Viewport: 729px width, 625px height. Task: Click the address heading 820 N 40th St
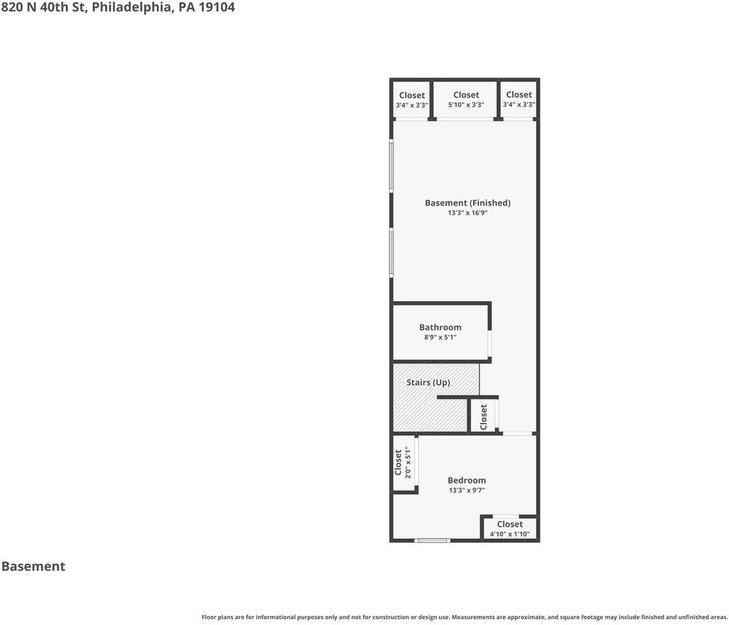(118, 8)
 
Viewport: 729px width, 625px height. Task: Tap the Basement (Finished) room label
(467, 203)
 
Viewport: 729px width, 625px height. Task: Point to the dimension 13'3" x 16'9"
(467, 213)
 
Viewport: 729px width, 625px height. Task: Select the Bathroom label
(440, 327)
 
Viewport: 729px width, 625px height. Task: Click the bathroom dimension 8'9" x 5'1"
(440, 337)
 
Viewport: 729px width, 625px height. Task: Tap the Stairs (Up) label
(428, 382)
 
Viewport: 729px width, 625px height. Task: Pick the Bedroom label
(466, 480)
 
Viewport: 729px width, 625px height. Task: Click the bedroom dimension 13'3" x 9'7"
(466, 490)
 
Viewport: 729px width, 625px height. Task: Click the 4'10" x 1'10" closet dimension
(509, 534)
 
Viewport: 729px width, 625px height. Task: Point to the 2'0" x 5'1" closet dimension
(408, 462)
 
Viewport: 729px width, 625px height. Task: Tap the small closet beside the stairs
(483, 417)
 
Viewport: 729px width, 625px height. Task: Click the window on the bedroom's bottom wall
(433, 540)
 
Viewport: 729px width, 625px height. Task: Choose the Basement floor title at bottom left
(33, 566)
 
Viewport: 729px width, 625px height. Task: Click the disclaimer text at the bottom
(464, 617)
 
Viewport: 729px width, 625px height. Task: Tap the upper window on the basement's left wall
(392, 166)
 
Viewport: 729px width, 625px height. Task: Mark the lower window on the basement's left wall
(392, 252)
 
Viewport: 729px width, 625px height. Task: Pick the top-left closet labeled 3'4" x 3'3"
(412, 100)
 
